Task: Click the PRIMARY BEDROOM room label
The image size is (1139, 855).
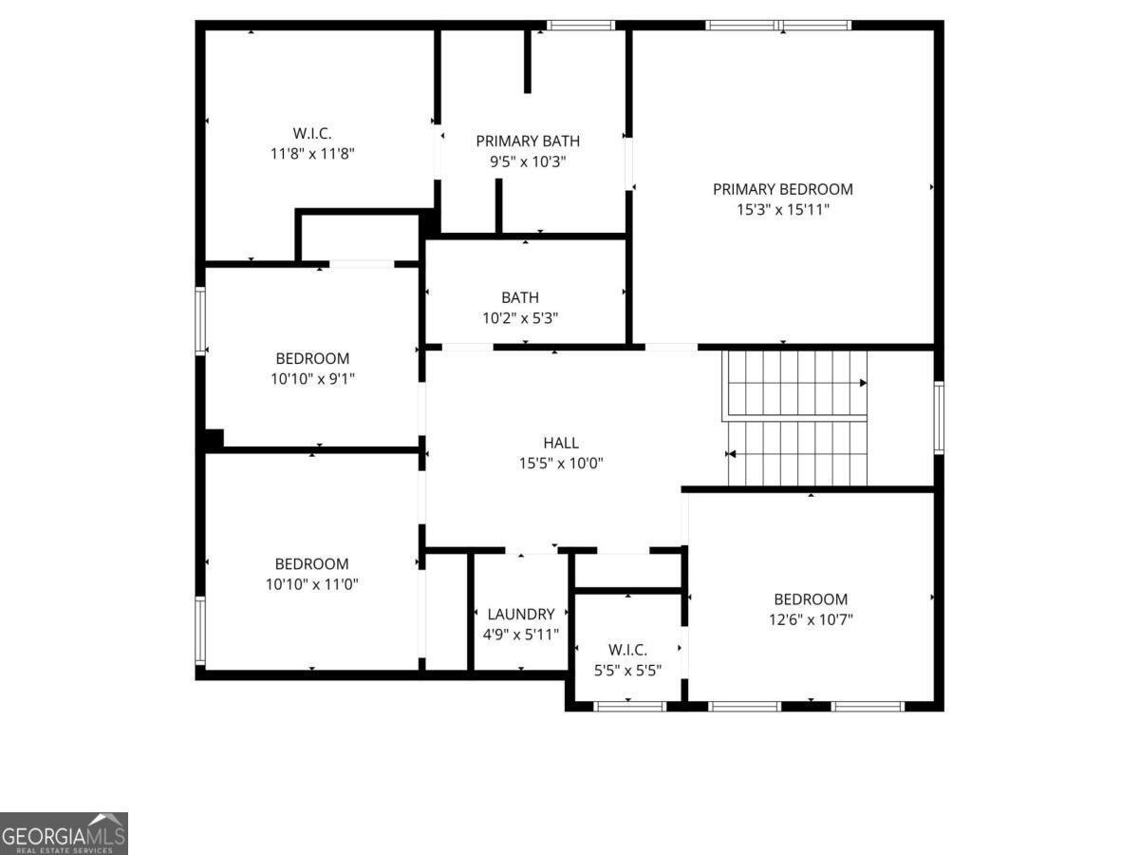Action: coord(783,189)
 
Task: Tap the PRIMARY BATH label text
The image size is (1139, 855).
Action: coord(528,141)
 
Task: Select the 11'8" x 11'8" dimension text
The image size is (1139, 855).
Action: coord(312,153)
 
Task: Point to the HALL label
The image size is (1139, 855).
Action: coord(561,443)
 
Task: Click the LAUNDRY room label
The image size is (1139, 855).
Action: coord(521,614)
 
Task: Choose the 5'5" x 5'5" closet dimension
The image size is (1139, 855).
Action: coord(627,670)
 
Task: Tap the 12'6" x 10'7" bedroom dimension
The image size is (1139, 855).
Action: coord(811,619)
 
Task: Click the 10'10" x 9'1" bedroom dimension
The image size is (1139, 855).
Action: coord(312,379)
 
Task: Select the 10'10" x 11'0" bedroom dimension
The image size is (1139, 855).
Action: coord(312,584)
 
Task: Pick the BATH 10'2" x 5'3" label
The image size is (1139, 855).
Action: coord(520,308)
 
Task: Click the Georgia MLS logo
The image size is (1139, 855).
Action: coord(64,833)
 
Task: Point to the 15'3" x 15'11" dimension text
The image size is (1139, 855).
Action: coord(783,210)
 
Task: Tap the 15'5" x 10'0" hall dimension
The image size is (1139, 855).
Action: coord(561,464)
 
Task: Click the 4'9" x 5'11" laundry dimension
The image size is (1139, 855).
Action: coord(521,635)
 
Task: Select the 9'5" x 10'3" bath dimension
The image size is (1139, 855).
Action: coord(528,161)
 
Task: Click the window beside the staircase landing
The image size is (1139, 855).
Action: coord(938,417)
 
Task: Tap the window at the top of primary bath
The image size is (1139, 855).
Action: coord(581,26)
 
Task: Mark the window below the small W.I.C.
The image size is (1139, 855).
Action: coord(629,706)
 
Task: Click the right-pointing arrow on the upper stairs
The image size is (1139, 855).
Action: coord(863,383)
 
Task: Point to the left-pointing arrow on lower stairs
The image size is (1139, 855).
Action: coord(731,454)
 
